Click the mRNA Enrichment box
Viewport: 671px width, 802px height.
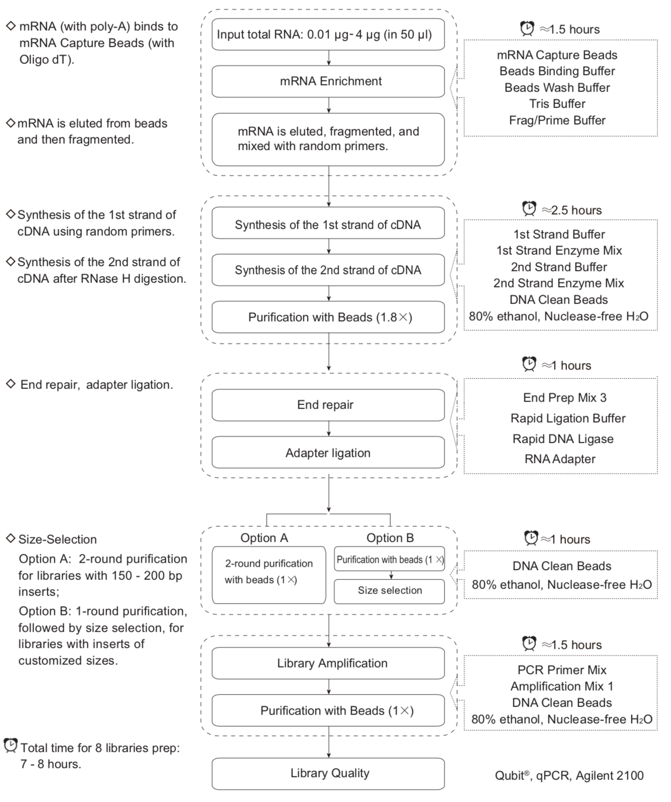[x=328, y=81]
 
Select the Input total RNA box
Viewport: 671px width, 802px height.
[x=328, y=34]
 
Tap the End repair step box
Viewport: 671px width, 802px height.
[x=328, y=405]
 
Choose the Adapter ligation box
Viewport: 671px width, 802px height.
[x=328, y=452]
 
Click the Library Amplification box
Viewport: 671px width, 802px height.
[x=328, y=663]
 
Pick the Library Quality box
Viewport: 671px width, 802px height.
[x=328, y=773]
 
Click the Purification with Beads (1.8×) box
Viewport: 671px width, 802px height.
[x=328, y=317]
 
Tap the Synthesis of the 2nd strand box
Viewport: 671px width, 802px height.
[x=328, y=270]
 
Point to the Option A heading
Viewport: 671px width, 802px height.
[x=264, y=538]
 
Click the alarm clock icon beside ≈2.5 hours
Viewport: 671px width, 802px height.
[x=529, y=209]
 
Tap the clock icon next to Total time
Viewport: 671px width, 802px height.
[x=11, y=746]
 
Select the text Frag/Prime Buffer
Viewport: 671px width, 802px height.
[x=557, y=120]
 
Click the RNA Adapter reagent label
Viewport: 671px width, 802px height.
[x=560, y=459]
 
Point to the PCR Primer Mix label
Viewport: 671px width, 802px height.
[x=562, y=670]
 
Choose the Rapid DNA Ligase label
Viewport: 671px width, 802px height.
[x=563, y=439]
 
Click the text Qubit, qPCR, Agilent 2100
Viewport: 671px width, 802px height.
[x=569, y=775]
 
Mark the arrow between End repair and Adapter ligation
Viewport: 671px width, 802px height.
[x=328, y=429]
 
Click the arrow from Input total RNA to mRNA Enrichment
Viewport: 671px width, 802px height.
[x=328, y=58]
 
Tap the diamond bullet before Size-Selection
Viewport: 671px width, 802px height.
[x=11, y=538]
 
